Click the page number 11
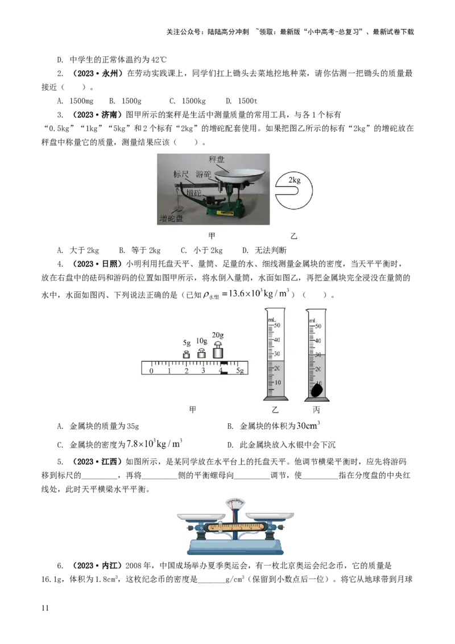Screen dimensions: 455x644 tap(45, 608)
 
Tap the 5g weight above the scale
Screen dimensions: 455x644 tap(187, 354)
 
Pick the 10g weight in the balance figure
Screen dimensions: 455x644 tap(201, 353)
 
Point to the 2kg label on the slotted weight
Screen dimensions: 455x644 tap(295, 180)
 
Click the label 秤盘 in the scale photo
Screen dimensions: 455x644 tap(217, 159)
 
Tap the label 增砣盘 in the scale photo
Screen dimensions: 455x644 tap(171, 218)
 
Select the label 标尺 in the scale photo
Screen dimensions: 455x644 tap(181, 174)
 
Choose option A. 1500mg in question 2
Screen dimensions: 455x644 tap(75, 101)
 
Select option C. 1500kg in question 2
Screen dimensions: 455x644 tap(187, 101)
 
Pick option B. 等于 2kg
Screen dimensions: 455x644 tap(139, 250)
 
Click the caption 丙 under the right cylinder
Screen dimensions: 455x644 tap(316, 410)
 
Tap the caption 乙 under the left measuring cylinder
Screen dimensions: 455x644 tap(275, 410)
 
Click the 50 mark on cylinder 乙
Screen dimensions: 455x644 tap(277, 325)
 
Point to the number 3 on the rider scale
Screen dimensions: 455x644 tap(203, 370)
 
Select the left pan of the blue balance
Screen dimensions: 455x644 tap(201, 516)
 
